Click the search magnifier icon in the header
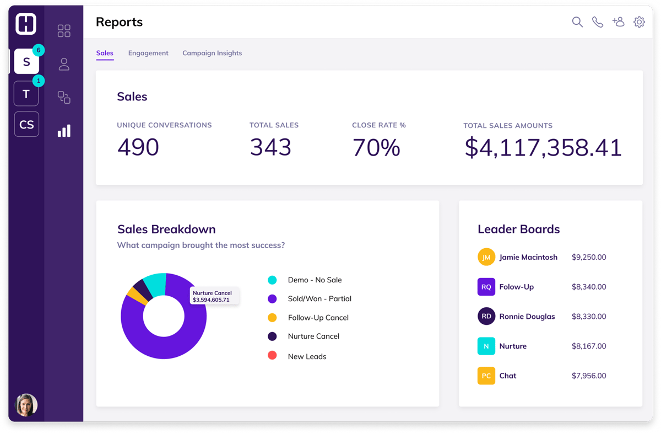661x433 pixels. (577, 22)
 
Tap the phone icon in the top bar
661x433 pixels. (598, 22)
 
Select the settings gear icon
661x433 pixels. (639, 22)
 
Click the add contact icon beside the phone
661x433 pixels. (619, 22)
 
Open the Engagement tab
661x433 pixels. (148, 53)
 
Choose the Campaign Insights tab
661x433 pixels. (212, 53)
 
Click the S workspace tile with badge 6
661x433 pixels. (26, 62)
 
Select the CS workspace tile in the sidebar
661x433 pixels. (26, 124)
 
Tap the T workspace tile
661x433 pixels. (26, 94)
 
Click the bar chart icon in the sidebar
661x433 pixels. (64, 131)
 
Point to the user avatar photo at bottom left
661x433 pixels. (26, 404)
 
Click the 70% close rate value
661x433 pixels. (376, 147)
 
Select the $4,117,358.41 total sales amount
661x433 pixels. (543, 147)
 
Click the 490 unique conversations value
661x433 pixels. (138, 147)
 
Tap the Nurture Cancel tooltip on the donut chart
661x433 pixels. (214, 296)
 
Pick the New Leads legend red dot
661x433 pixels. (272, 356)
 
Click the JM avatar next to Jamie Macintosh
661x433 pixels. (486, 257)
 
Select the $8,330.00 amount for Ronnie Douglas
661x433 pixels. (589, 317)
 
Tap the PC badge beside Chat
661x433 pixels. (486, 376)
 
